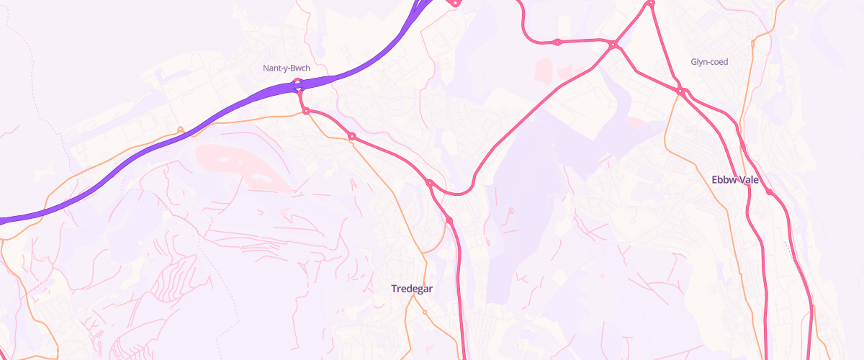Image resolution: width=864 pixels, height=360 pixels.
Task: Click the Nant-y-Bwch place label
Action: [x=286, y=68]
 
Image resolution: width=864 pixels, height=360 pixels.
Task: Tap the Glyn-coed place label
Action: [x=709, y=62]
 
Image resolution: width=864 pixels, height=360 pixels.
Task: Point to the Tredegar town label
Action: [x=412, y=289]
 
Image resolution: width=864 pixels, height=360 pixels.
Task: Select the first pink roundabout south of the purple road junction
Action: [x=306, y=111]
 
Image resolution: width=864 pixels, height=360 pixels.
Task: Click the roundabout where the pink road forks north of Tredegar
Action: [x=430, y=184]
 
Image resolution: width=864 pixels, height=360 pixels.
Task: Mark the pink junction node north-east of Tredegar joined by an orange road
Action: [x=449, y=219]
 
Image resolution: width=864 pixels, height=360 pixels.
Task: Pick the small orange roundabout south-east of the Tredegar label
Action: [x=425, y=312]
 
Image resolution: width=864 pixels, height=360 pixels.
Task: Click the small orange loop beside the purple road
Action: [x=180, y=130]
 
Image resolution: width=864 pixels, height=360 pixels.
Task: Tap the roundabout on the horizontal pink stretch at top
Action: [x=557, y=42]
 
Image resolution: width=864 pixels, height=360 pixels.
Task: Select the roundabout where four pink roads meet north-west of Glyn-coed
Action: [x=613, y=45]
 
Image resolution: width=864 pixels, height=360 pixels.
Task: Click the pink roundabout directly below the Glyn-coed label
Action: [x=680, y=90]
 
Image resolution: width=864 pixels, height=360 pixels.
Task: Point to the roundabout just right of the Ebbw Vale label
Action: [x=769, y=192]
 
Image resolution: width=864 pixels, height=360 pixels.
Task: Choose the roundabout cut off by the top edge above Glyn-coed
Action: [x=650, y=3]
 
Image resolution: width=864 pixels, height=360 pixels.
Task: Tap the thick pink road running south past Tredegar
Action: [x=459, y=288]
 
